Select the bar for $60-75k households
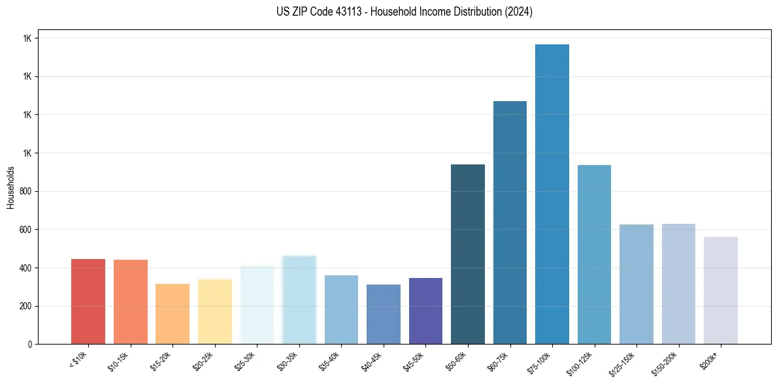pos(510,223)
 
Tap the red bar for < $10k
pos(88,301)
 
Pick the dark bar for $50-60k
pos(468,254)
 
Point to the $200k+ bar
pos(720,290)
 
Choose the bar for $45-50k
pos(425,311)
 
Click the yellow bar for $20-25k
pos(215,311)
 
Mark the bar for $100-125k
pos(594,254)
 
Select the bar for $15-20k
pos(173,314)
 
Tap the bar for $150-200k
pos(678,284)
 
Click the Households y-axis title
pos(10,187)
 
